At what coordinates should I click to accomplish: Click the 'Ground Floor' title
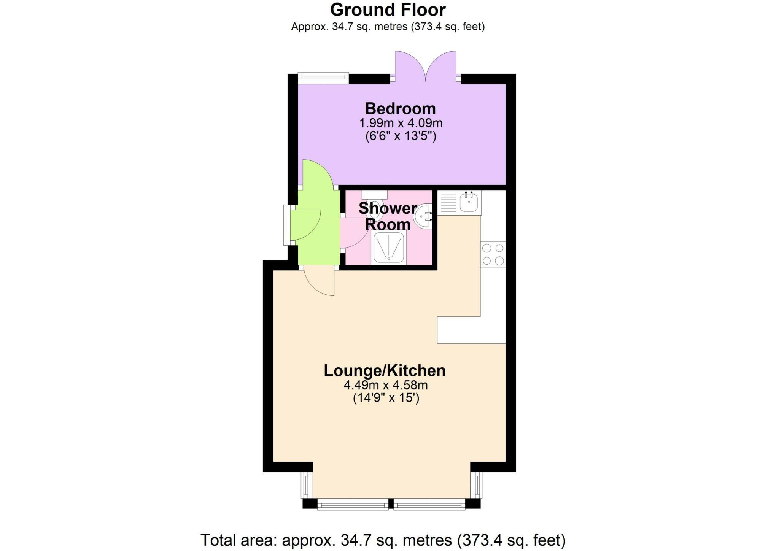click(x=388, y=10)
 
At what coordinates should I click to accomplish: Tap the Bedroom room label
click(x=400, y=109)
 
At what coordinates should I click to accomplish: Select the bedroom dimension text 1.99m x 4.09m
click(x=401, y=123)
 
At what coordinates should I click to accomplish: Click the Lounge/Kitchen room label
click(x=384, y=370)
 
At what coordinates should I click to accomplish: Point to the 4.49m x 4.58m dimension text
click(x=385, y=385)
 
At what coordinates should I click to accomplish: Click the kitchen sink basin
click(x=469, y=202)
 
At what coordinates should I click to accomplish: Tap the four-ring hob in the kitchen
click(x=493, y=254)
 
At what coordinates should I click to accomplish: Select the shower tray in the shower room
click(x=388, y=248)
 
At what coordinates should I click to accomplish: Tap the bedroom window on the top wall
click(x=323, y=78)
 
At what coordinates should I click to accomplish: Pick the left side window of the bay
click(x=307, y=485)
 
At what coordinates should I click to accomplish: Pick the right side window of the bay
click(x=476, y=485)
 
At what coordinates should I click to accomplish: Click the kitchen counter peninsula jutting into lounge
click(x=471, y=330)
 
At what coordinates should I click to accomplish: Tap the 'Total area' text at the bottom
click(x=383, y=540)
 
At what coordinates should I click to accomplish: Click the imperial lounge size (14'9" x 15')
click(x=386, y=398)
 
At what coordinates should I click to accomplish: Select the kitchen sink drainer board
click(x=448, y=203)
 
